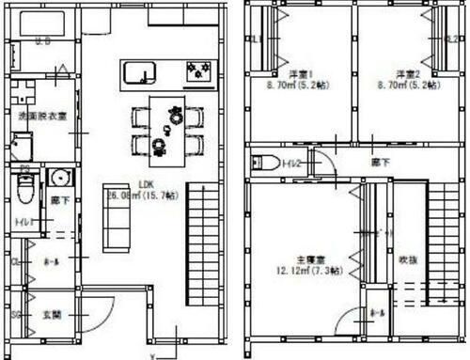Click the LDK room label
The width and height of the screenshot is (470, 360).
[x=146, y=185]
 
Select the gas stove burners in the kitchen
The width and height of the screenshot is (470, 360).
[x=199, y=71]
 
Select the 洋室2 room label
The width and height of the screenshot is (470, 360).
[x=405, y=73]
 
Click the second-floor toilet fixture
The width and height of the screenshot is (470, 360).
[x=264, y=162]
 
